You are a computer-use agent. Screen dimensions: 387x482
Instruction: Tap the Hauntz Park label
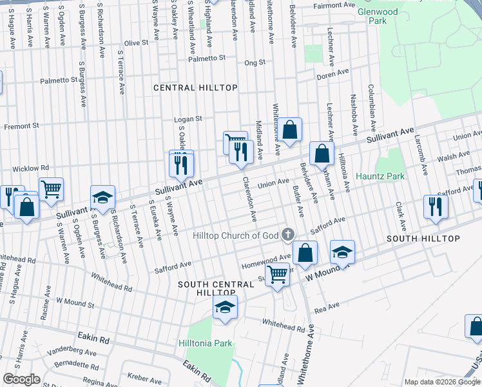tap(382, 176)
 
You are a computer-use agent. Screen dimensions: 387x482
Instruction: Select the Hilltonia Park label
tap(205, 344)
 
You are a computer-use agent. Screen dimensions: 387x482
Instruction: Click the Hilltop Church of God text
tap(236, 235)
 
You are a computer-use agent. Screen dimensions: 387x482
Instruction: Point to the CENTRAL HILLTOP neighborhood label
tap(195, 88)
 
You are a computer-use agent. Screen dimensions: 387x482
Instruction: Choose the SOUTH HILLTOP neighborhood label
tap(423, 239)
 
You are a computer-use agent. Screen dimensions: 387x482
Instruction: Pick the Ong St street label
tap(255, 63)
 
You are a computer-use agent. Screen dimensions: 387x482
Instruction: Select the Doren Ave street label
tap(333, 75)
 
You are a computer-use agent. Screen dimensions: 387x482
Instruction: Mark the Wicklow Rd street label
tap(26, 168)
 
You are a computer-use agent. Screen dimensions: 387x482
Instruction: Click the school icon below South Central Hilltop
tap(225, 307)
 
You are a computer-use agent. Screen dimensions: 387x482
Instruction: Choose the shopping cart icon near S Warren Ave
tap(51, 188)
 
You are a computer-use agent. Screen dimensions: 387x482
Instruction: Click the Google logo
tap(21, 379)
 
